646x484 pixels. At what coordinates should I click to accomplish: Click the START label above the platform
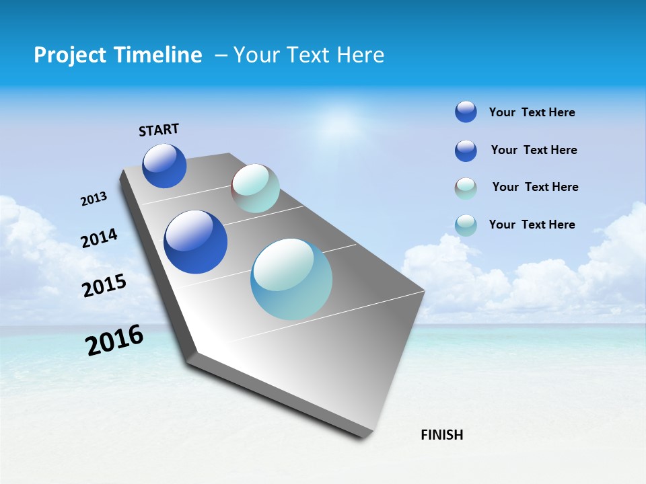pos(159,130)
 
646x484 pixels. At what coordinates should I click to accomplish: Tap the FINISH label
pos(441,435)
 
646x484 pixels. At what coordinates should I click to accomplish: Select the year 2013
pos(94,199)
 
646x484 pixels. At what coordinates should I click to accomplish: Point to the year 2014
pos(99,239)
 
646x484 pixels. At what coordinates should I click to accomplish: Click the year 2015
pos(104,286)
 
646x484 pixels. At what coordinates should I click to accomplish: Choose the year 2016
pos(114,340)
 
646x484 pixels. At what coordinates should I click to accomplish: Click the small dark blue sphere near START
pos(164,166)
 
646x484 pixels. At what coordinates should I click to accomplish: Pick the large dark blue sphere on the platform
pos(195,242)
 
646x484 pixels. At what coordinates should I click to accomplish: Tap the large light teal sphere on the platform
pos(291,279)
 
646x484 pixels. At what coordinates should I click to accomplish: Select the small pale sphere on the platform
pos(255,188)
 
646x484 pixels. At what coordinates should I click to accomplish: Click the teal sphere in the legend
pos(466,225)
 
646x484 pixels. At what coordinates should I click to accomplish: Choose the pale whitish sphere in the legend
pos(466,188)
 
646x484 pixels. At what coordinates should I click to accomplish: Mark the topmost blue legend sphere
pos(466,112)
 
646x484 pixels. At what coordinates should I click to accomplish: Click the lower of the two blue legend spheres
pos(466,151)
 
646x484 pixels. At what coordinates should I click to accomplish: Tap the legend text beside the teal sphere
pos(532,225)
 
